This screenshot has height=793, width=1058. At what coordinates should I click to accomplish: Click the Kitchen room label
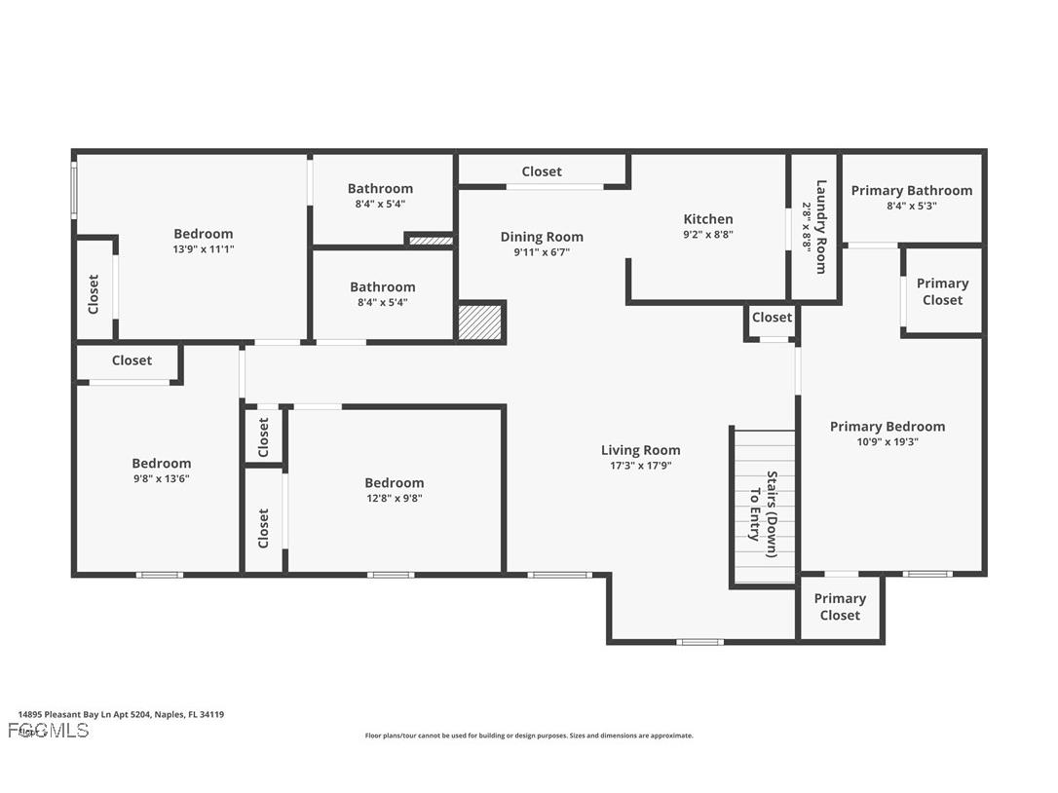(x=707, y=219)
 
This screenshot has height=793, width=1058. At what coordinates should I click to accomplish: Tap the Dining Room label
(x=542, y=237)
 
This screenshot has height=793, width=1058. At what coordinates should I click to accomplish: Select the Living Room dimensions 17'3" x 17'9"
(x=640, y=466)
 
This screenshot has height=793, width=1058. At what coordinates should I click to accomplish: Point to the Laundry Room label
(x=821, y=227)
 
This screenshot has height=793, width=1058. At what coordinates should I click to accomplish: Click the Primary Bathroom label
(x=911, y=190)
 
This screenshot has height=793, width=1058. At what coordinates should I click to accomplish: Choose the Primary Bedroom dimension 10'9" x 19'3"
(x=887, y=441)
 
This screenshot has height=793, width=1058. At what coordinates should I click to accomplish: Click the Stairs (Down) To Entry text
(x=763, y=507)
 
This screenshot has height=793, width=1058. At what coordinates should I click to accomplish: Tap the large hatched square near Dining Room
(x=480, y=322)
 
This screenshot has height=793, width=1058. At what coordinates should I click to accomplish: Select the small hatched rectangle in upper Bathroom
(x=430, y=240)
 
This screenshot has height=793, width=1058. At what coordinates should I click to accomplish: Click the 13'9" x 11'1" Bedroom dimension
(x=203, y=248)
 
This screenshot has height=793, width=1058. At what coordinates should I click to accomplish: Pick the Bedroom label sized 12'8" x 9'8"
(x=394, y=482)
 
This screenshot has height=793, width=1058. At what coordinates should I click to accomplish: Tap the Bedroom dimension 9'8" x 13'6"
(x=162, y=478)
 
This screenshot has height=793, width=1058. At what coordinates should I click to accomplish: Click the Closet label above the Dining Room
(x=541, y=171)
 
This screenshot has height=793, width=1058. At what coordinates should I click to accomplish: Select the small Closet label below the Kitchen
(x=772, y=317)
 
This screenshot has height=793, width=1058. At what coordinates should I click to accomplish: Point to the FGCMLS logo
(x=48, y=730)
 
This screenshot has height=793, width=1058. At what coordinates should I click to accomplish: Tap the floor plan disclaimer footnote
(x=529, y=736)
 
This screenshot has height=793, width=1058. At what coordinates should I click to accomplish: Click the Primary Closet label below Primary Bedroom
(x=839, y=606)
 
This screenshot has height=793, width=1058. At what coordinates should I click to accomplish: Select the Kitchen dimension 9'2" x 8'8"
(x=707, y=234)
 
